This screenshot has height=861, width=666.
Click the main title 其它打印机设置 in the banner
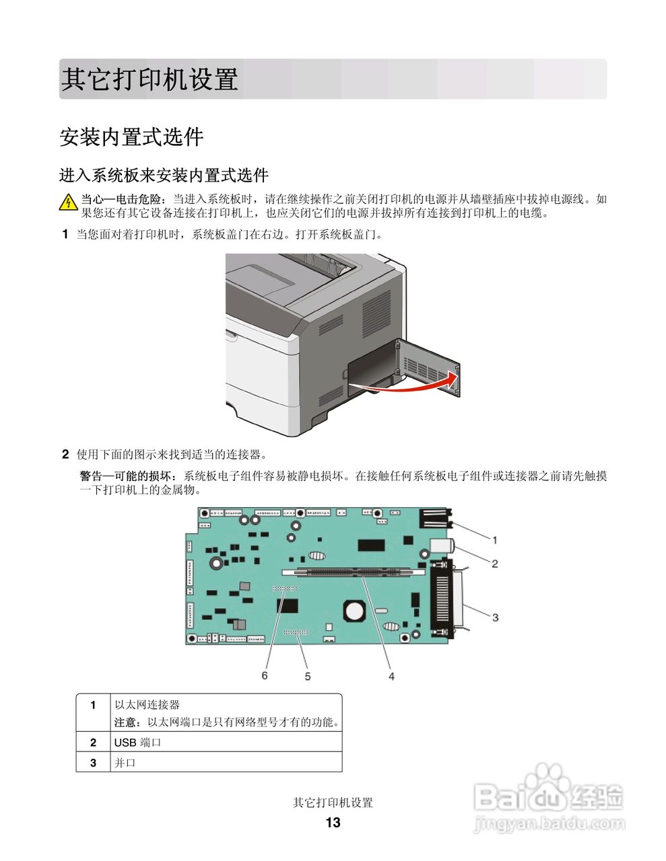(149, 79)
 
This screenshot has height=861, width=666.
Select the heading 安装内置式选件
(131, 137)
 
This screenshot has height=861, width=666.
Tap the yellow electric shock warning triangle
(68, 202)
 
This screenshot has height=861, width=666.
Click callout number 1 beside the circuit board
(494, 539)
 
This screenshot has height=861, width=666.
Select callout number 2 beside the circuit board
(494, 564)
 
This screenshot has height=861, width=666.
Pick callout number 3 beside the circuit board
(495, 617)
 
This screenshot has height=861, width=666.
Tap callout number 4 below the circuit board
(391, 676)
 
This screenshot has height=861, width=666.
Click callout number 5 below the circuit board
(308, 676)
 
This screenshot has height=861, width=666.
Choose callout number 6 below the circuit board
(265, 675)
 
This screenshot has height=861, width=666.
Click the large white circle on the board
(354, 611)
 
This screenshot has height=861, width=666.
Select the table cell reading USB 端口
(137, 743)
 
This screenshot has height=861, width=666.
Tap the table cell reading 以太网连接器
(147, 705)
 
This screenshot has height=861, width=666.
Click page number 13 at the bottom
(333, 823)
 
